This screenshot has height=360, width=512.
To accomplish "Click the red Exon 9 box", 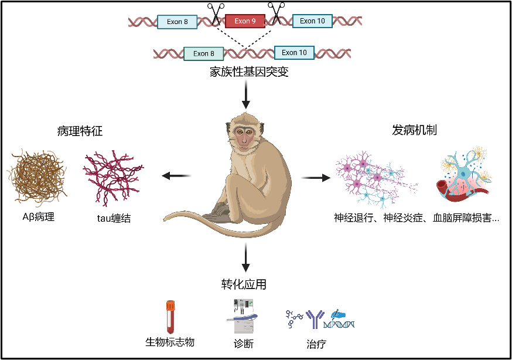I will click(245, 21).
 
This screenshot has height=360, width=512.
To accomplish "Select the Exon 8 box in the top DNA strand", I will click(178, 22).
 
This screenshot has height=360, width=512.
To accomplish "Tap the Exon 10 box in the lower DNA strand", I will click(294, 52).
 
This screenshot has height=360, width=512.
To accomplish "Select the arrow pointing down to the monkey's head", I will click(245, 94).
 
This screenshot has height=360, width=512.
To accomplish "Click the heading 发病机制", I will click(414, 130).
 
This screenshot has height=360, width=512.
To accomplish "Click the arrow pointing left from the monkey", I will click(176, 175).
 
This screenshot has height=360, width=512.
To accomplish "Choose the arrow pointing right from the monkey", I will click(315, 176).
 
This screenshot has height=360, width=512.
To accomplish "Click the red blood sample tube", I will click(170, 317).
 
